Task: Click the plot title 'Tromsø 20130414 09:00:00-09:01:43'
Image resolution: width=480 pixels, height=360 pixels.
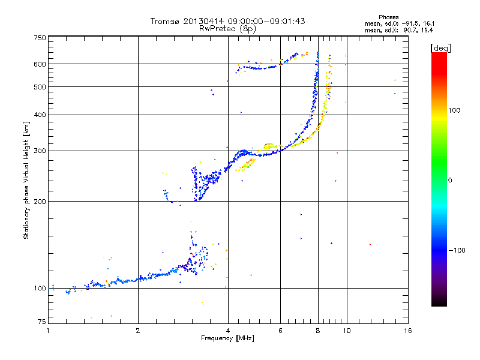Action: tap(227, 22)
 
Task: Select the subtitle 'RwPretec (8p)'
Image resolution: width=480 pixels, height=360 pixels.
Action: tap(227, 28)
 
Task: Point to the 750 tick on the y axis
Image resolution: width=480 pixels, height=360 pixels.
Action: tap(40, 38)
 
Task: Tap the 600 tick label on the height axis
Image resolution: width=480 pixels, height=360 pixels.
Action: tap(40, 64)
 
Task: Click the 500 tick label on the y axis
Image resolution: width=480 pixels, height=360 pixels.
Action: tap(40, 87)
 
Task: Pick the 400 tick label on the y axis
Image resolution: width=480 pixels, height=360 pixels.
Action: tap(40, 115)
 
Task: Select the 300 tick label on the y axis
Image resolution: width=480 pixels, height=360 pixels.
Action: tap(40, 151)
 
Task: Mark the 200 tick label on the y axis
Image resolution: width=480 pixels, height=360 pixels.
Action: tap(40, 202)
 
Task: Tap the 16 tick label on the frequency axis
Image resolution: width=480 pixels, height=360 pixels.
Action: tap(407, 331)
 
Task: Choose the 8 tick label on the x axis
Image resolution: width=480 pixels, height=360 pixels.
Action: tap(318, 331)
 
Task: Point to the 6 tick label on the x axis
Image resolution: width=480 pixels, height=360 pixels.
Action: tap(281, 331)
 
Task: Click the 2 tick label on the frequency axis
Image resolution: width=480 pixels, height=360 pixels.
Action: tap(138, 331)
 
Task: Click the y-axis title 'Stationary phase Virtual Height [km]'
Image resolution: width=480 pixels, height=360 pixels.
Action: tap(26, 180)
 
